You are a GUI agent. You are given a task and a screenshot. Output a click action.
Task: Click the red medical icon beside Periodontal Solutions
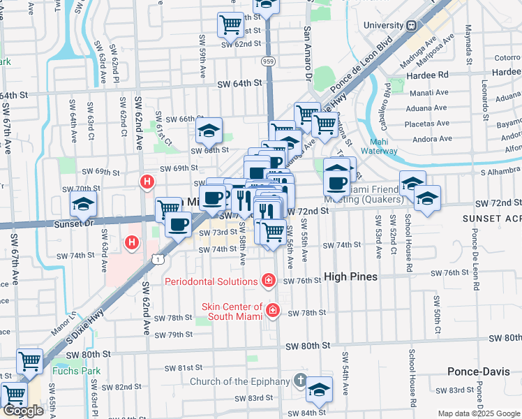pyautogui.click(x=268, y=281)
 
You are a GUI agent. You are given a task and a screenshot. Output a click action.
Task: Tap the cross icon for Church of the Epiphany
pyautogui.click(x=300, y=381)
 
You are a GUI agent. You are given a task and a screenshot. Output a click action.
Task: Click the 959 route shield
pyautogui.click(x=268, y=61)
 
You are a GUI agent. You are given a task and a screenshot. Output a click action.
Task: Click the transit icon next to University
pyautogui.click(x=412, y=25)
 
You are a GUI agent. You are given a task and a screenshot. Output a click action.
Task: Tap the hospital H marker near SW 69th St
pyautogui.click(x=147, y=183)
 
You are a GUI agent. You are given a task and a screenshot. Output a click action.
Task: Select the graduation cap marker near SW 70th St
pyautogui.click(x=83, y=204)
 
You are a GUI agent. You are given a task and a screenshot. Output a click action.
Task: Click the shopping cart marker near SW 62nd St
pyautogui.click(x=230, y=25)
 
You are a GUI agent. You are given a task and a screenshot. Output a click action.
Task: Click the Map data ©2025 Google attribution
pyautogui.click(x=479, y=413)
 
